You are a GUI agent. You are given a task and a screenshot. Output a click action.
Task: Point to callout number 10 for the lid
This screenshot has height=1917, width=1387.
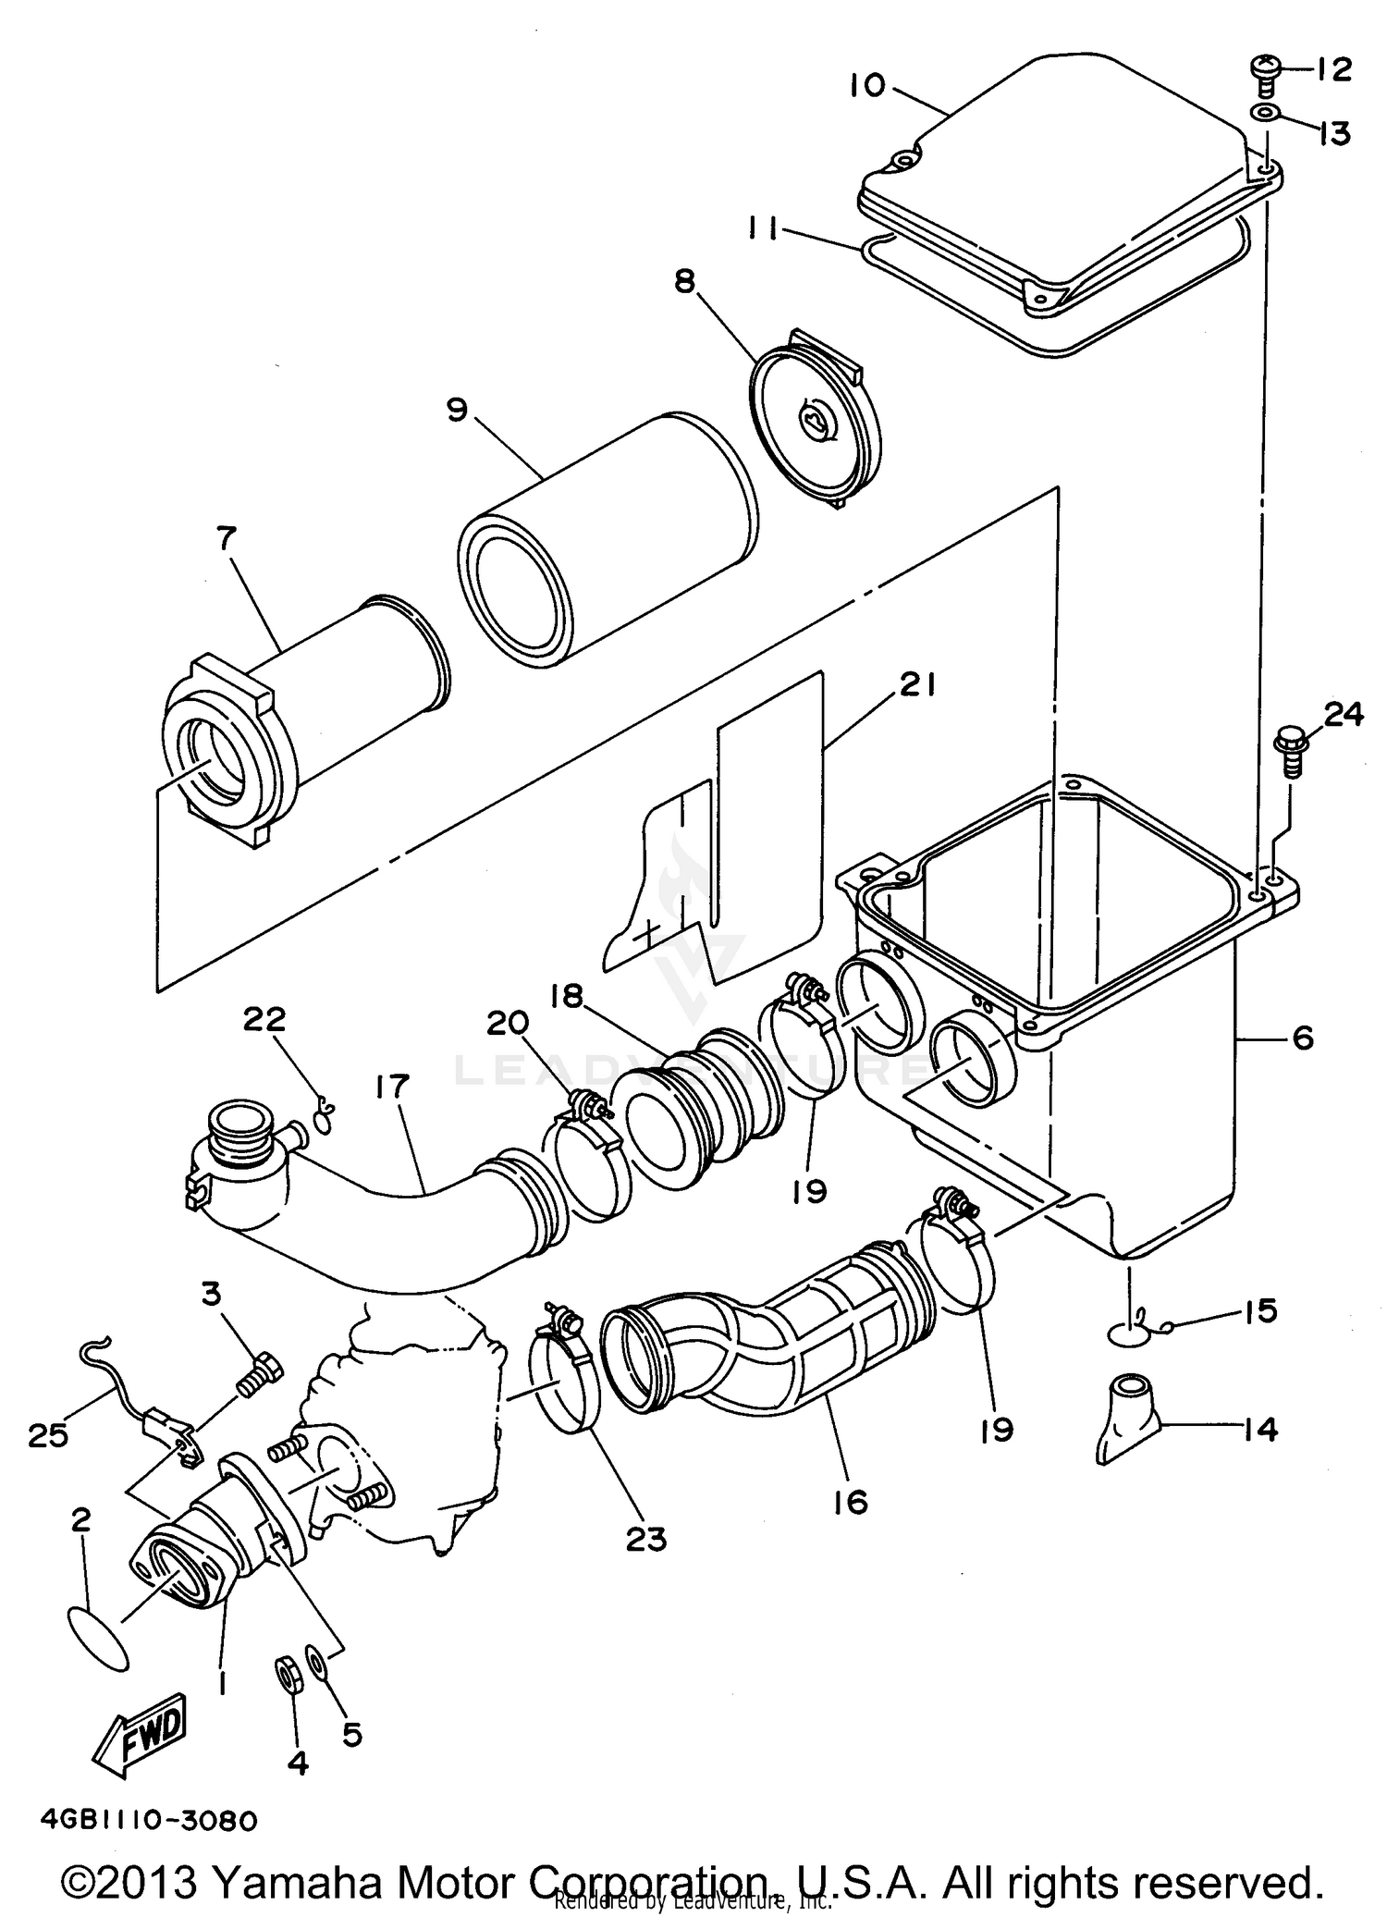(x=868, y=85)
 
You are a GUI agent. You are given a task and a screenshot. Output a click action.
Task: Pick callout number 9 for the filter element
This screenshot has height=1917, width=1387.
(x=458, y=410)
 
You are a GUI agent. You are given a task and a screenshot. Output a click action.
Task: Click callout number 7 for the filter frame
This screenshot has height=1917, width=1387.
(x=226, y=538)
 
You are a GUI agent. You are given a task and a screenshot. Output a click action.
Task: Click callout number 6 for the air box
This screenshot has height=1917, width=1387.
(x=1302, y=1038)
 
